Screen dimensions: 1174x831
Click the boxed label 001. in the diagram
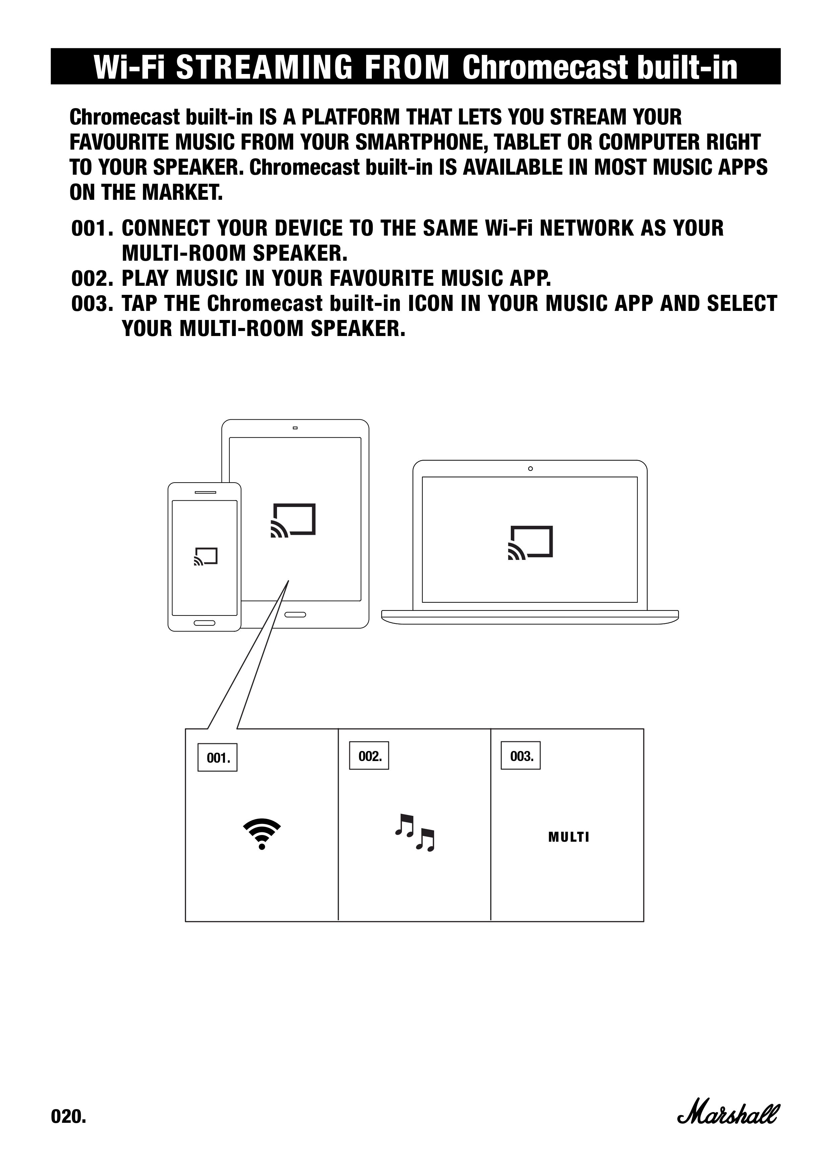click(217, 757)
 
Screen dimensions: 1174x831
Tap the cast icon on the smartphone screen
click(206, 556)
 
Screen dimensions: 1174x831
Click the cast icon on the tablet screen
click(293, 520)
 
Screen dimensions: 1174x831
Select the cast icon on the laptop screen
click(530, 542)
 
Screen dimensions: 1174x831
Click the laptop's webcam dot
click(530, 469)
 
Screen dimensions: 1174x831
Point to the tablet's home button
click(295, 614)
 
